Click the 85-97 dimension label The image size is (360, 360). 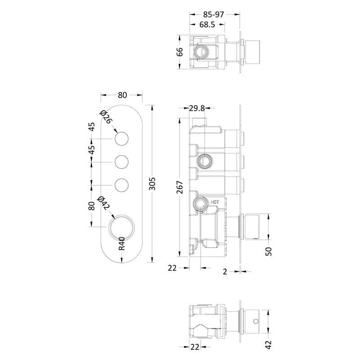[x=213, y=15]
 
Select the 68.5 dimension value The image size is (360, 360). [x=207, y=25]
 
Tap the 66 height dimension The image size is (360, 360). [x=180, y=52]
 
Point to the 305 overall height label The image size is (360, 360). [x=152, y=184]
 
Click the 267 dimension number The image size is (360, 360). [x=180, y=187]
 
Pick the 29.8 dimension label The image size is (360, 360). [x=197, y=108]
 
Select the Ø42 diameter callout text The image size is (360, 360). [x=104, y=203]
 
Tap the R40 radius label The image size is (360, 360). [x=121, y=243]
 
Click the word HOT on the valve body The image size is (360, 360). [x=215, y=202]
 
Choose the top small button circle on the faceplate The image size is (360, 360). [x=121, y=139]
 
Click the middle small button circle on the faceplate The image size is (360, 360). [x=121, y=162]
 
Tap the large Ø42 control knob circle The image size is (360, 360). [x=121, y=227]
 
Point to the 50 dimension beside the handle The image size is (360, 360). [x=269, y=252]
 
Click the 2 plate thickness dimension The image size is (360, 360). [x=225, y=272]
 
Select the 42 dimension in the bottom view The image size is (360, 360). [x=268, y=345]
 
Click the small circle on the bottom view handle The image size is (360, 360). [x=256, y=321]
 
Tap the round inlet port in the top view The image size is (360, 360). [x=201, y=52]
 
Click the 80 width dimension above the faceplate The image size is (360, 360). [x=122, y=95]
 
